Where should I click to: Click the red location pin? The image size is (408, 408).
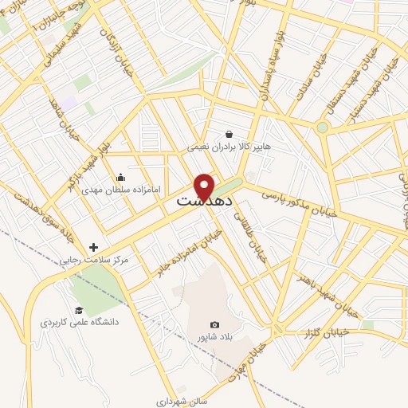(x=205, y=186)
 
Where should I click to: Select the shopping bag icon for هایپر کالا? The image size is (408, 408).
(x=229, y=135)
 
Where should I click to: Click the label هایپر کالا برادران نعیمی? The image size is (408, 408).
(x=229, y=147)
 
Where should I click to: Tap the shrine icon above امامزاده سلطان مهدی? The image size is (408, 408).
(x=120, y=178)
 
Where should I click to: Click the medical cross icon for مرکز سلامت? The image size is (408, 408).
(x=94, y=248)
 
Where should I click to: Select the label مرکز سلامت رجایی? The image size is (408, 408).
(x=94, y=261)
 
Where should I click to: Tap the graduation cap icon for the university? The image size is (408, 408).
(x=79, y=311)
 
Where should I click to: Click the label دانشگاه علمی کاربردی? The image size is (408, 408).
(x=79, y=324)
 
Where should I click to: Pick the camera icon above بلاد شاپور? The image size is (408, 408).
(x=214, y=324)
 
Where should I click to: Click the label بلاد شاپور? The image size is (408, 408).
(x=214, y=337)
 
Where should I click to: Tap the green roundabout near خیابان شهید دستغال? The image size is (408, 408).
(x=322, y=127)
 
